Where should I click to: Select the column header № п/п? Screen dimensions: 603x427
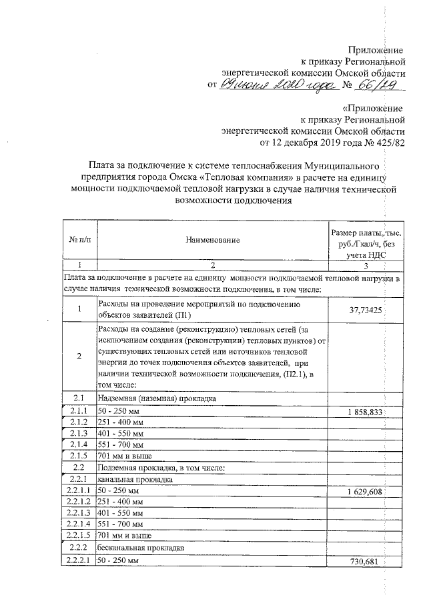click(79, 239)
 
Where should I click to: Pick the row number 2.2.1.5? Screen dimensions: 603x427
click(79, 535)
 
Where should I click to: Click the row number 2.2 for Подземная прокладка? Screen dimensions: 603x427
click(79, 467)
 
